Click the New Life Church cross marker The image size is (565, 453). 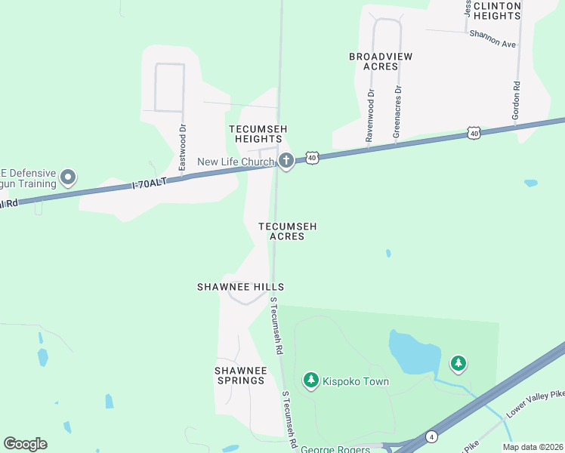pyautogui.click(x=286, y=161)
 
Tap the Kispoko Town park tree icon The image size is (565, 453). pyautogui.click(x=310, y=381)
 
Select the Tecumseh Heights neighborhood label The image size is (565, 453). pyautogui.click(x=258, y=134)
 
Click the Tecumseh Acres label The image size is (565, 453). pyautogui.click(x=287, y=231)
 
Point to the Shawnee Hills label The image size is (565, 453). pyautogui.click(x=240, y=287)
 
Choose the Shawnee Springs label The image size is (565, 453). pyautogui.click(x=241, y=375)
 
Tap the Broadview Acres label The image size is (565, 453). pyautogui.click(x=373, y=61)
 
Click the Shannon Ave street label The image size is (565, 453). pyautogui.click(x=492, y=39)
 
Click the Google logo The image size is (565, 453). pyautogui.click(x=25, y=444)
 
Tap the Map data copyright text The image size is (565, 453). pyautogui.click(x=533, y=447)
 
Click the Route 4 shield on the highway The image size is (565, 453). pyautogui.click(x=431, y=436)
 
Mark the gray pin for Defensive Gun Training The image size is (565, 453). pyautogui.click(x=68, y=178)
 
